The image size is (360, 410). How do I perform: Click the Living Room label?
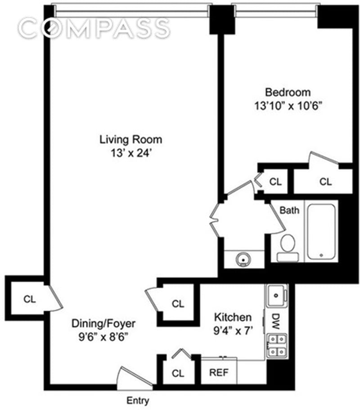130,140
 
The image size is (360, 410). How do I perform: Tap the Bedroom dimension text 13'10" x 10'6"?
288,106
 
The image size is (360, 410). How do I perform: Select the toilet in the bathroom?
288,248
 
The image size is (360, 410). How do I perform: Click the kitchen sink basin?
276,296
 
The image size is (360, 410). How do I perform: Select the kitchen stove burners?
277,345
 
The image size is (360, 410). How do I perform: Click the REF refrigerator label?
219,372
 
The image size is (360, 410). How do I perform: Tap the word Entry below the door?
138,401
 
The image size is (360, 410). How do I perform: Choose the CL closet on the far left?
29,299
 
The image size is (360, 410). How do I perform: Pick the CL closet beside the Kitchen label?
178,303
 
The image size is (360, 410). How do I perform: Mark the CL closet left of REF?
178,373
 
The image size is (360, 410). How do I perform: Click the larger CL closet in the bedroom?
325,182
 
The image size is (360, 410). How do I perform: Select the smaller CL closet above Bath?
275,182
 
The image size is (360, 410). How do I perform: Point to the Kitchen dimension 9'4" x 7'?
233,331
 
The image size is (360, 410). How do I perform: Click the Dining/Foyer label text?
103,324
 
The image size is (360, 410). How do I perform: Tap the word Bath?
289,210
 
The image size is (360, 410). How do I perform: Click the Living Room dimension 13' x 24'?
131,153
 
